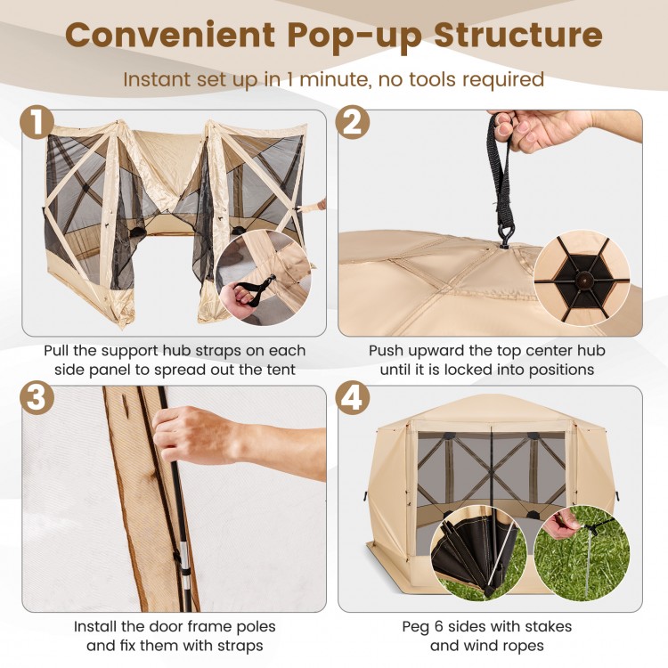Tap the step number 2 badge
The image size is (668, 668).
pyautogui.click(x=354, y=125)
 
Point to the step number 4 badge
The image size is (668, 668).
pyautogui.click(x=354, y=400)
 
